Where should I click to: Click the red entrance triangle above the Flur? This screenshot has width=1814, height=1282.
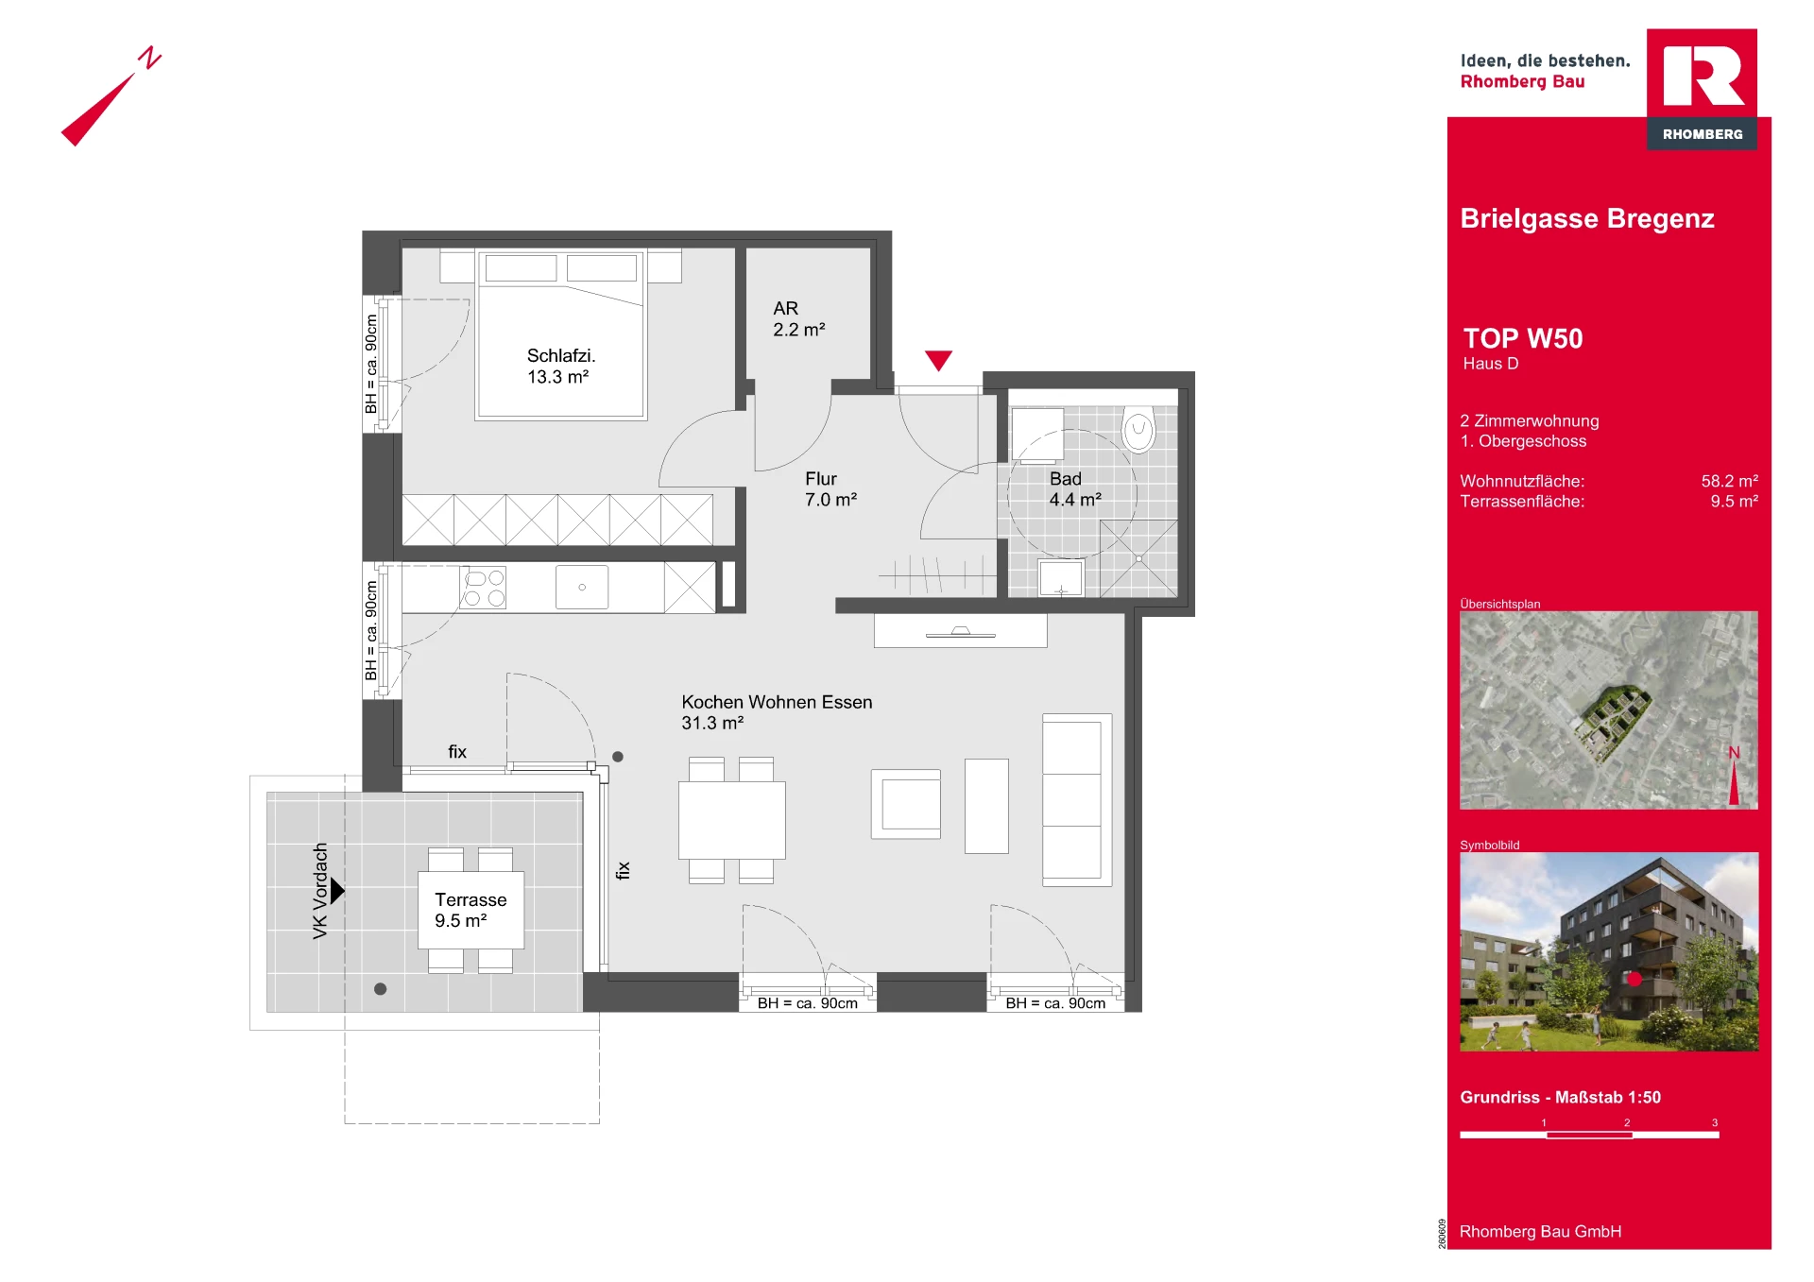click(x=938, y=359)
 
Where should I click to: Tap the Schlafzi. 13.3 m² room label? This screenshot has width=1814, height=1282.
click(x=561, y=366)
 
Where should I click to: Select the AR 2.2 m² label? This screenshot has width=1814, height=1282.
click(x=799, y=318)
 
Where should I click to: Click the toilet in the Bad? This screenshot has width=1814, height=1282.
click(x=1138, y=430)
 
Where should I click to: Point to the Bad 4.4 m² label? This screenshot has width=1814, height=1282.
click(x=1075, y=488)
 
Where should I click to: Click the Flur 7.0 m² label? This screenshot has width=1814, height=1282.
click(x=830, y=488)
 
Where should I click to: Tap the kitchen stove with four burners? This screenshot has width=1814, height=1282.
click(x=484, y=587)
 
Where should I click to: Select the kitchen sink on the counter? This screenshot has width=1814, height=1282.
click(x=582, y=587)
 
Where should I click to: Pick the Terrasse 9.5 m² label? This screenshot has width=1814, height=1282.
click(x=471, y=910)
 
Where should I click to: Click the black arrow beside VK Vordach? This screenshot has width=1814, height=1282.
click(x=337, y=890)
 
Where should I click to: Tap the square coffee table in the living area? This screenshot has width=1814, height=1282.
click(x=906, y=804)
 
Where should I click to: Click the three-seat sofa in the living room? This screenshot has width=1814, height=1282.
click(x=1077, y=799)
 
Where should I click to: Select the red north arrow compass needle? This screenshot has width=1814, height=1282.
click(x=98, y=110)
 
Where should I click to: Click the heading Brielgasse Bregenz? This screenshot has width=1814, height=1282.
click(x=1587, y=218)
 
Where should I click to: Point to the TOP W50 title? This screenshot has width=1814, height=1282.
click(x=1523, y=338)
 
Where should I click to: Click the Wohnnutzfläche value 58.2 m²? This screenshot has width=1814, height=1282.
click(x=1730, y=481)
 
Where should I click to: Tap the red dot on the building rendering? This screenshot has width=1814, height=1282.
click(x=1634, y=979)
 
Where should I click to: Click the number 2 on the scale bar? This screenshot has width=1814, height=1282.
click(x=1627, y=1122)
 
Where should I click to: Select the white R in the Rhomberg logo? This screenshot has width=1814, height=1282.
click(x=1702, y=76)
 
